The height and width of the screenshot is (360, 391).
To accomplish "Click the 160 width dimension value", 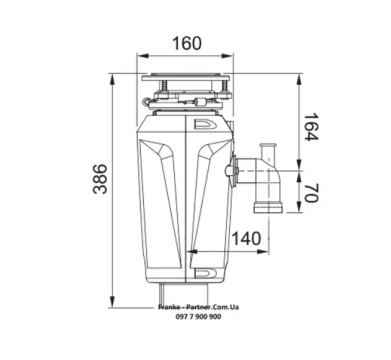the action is tap(187, 43).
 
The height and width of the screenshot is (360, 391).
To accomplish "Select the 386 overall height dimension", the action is tap(100, 179).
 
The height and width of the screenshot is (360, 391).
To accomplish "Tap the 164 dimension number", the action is tap(311, 127).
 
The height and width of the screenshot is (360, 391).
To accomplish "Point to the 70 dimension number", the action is tap(312, 193).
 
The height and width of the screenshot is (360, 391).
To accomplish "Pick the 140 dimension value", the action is tap(247, 239).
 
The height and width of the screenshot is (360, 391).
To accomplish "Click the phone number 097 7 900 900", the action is tap(198, 317).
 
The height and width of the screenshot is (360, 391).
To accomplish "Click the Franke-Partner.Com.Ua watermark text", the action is tap(198, 307).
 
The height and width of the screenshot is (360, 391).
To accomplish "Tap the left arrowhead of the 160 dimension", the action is tap(143, 56).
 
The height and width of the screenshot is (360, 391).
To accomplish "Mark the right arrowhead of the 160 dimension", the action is tap(227, 56).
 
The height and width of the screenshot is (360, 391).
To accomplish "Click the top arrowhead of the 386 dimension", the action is tap(112, 80).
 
